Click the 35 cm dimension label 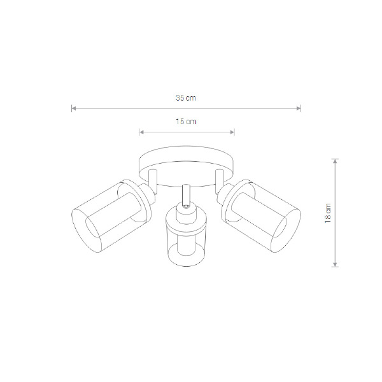186,98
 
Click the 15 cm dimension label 186,122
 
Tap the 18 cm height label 328,213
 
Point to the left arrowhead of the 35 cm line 74,108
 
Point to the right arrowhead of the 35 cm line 299,108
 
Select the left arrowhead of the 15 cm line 141,132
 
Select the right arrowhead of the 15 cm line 232,132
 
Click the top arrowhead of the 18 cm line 336,161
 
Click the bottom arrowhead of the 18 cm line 336,264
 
